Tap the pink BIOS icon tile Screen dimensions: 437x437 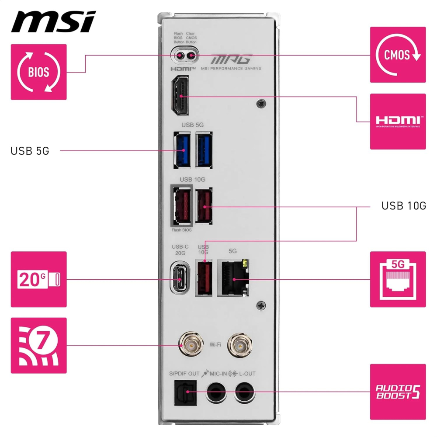39,72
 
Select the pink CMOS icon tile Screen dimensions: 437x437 398,55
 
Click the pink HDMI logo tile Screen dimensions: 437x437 398,121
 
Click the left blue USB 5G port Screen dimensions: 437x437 182,150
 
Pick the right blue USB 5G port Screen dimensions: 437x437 204,150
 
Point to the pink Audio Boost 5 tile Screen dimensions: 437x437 398,392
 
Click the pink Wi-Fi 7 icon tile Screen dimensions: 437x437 39,345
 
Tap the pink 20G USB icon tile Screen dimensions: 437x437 39,279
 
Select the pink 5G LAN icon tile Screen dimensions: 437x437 398,279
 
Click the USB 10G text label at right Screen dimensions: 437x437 403,205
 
